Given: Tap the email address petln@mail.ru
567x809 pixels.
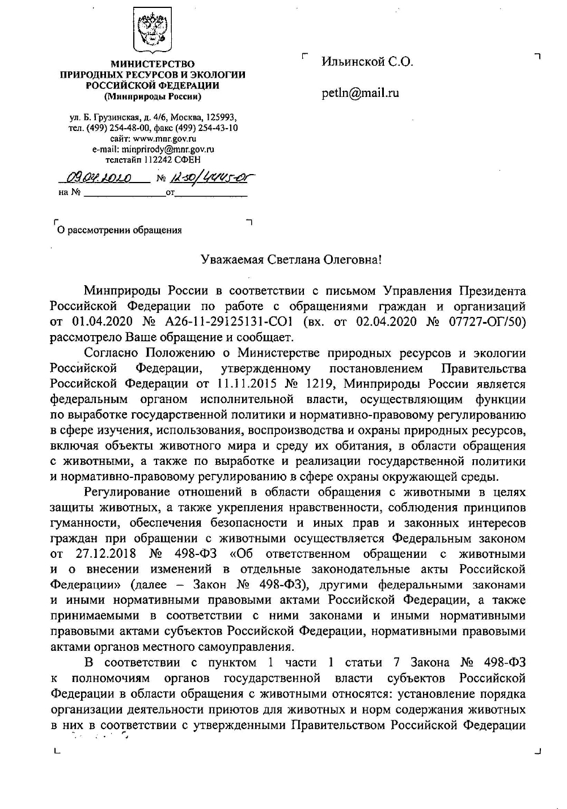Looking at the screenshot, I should click(x=360, y=92).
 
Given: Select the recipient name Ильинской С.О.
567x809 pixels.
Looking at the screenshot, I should click(x=367, y=62).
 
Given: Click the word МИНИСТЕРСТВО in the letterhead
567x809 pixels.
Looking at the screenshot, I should click(x=153, y=65).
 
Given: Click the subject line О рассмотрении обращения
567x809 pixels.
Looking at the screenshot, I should click(x=119, y=230).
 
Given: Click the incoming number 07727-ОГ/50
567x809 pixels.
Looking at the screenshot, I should click(x=485, y=323).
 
